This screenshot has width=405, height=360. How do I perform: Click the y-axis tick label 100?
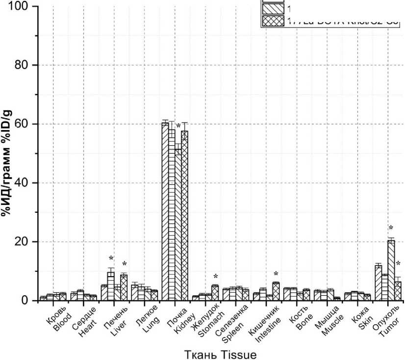coord(19,7)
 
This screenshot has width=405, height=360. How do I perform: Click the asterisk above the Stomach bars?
coord(215,277)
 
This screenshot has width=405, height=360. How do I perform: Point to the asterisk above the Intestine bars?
coord(276,274)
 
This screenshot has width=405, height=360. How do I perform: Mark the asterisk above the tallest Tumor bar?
coord(391,228)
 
